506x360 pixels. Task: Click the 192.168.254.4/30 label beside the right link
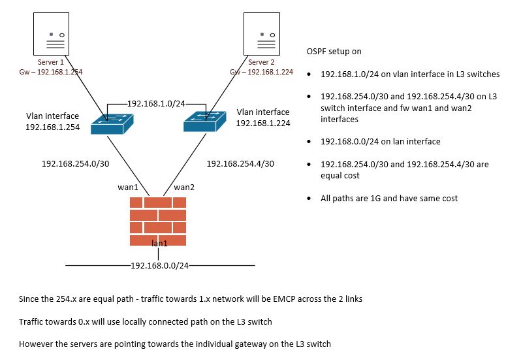240,164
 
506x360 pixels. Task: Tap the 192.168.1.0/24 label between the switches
157,103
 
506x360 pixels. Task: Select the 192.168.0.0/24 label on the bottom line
160,266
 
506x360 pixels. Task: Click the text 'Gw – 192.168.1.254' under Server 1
51,72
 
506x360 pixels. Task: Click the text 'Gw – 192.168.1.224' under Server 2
261,72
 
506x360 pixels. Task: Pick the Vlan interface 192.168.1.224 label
263,118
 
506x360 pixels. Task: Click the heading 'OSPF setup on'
334,51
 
